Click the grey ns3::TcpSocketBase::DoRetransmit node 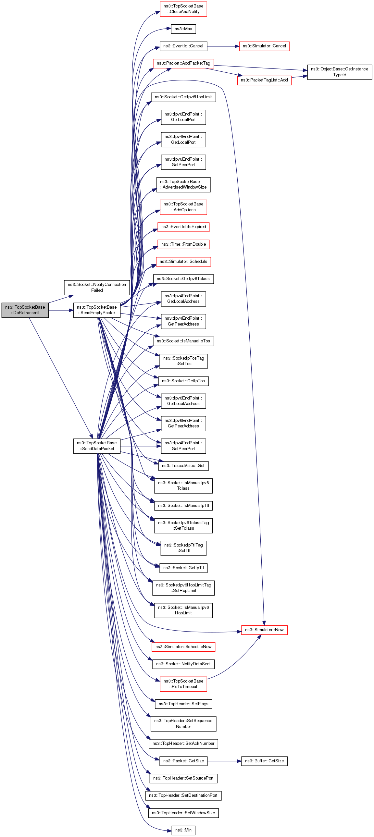coord(25,310)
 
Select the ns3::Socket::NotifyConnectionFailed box coord(97,287)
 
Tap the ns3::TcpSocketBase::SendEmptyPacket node coord(97,310)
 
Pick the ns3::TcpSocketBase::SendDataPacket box coord(97,446)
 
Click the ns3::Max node coord(183,29)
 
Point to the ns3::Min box coord(183,830)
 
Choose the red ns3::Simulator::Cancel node coord(264,46)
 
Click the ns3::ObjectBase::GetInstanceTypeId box coord(340,72)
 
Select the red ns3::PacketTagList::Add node coord(264,80)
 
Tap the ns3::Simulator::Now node coord(264,630)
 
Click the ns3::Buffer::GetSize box coord(264,761)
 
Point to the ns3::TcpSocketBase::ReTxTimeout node coord(183,683)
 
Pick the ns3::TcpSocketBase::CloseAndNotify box coord(183,9)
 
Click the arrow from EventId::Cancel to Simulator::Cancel coord(223,46)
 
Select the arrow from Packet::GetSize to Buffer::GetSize coord(224,761)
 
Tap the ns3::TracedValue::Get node coord(183,466)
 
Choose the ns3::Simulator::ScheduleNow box coord(183,646)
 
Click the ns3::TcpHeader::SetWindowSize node coord(183,813)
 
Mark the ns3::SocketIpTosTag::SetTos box coord(183,361)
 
